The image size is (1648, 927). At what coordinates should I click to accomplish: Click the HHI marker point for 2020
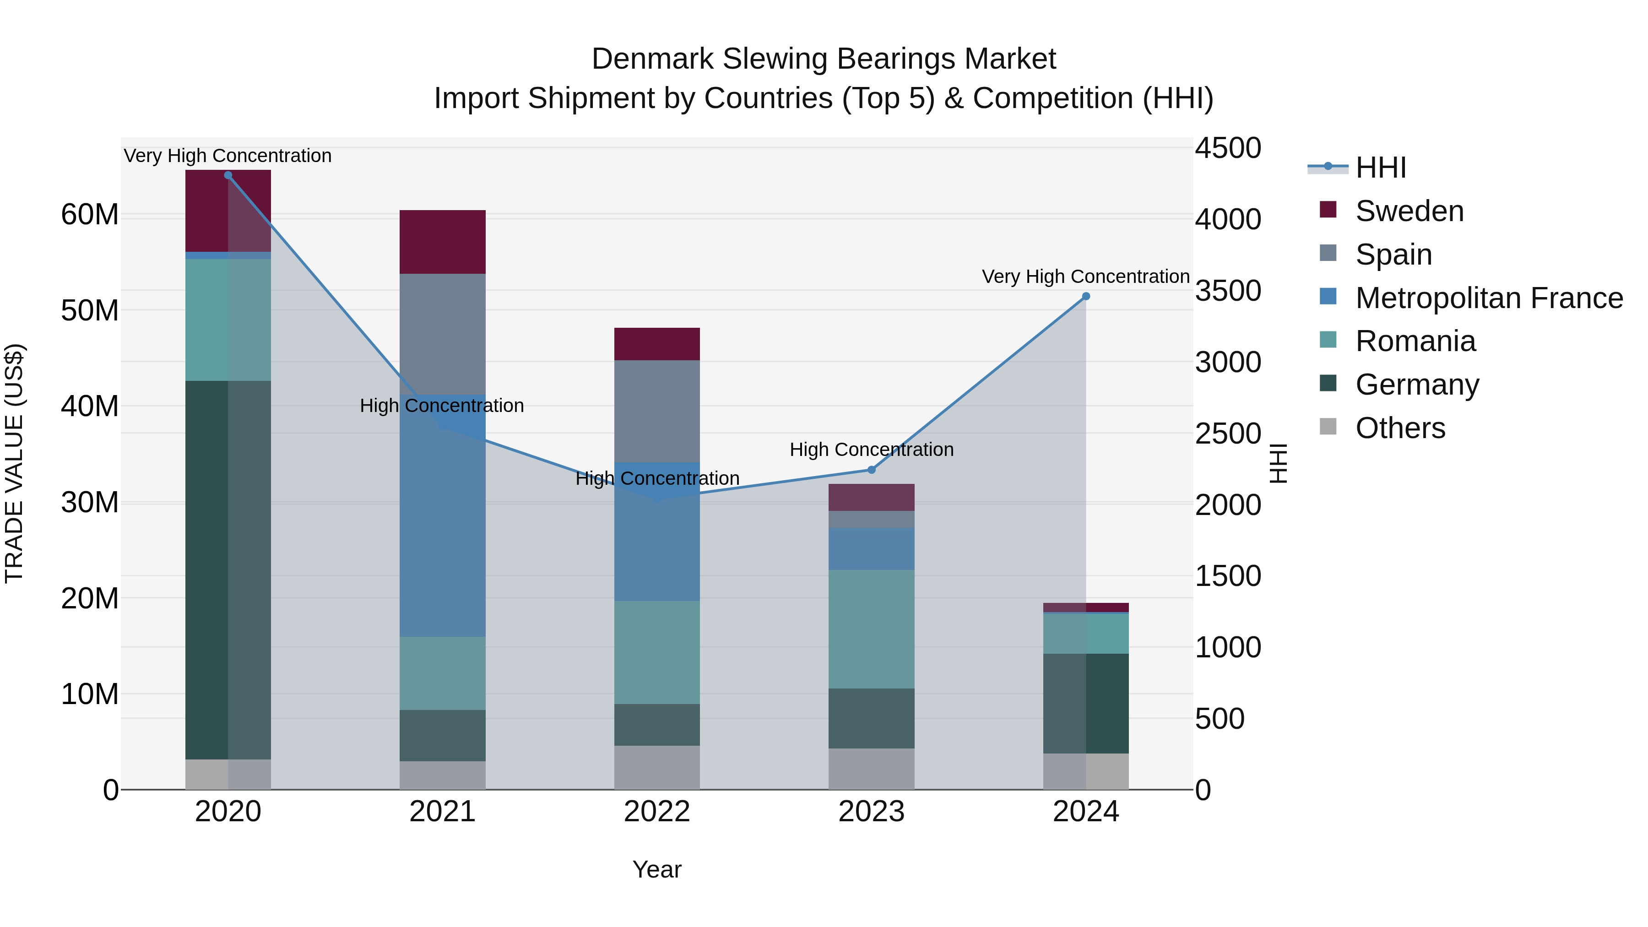tap(228, 175)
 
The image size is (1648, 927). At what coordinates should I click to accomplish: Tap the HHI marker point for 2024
tap(1086, 296)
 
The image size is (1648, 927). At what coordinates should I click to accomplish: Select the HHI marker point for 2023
tap(871, 470)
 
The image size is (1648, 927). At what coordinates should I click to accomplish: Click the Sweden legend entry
tap(1409, 211)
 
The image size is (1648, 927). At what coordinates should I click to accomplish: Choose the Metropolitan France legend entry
tap(1489, 298)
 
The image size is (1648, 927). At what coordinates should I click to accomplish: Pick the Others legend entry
tap(1400, 428)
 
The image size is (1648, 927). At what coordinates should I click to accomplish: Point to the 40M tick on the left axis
tap(90, 406)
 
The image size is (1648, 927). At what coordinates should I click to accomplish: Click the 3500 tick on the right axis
tap(1228, 291)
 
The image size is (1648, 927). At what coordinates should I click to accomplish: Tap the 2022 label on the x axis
tap(656, 812)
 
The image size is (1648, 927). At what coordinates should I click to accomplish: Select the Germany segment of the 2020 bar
tap(228, 569)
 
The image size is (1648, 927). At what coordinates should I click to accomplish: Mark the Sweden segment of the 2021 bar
tap(442, 242)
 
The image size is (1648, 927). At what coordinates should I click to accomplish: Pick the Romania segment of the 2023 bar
tap(871, 629)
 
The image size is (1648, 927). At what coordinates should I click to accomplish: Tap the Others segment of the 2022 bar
tap(656, 767)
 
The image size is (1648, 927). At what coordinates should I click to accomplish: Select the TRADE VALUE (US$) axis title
tap(14, 463)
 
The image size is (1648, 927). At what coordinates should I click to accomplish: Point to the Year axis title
tap(656, 869)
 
